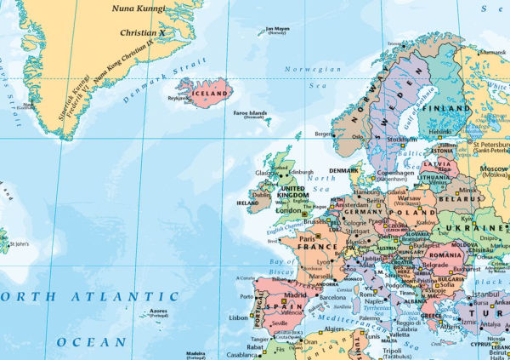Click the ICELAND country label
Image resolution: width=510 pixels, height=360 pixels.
tap(211, 93)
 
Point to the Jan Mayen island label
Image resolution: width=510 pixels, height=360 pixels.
tap(278, 30)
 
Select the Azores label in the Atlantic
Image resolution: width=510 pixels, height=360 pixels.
tap(159, 311)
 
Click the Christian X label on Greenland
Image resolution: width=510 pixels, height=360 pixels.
tap(141, 34)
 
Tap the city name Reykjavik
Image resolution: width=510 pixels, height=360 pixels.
tap(178, 98)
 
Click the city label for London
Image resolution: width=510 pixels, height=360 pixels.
tap(290, 211)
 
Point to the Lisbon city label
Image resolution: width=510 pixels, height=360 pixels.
tap(238, 317)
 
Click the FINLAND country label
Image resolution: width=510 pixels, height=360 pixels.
tap(448, 109)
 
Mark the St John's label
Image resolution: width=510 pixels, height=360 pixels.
tap(19, 244)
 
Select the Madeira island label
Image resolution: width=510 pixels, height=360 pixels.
tap(196, 353)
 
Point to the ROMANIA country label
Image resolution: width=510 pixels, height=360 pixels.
tap(446, 254)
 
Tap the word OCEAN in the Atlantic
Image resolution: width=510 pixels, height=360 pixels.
tap(91, 341)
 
